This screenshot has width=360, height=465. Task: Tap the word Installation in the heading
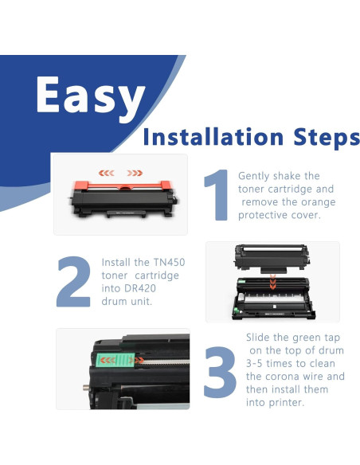point(213,137)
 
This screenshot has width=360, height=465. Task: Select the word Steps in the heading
point(327,139)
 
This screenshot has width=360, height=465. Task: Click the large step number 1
point(217,195)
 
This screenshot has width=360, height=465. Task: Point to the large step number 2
point(73,281)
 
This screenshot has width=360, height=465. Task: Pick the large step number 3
point(220,372)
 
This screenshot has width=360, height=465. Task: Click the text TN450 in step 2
point(169,262)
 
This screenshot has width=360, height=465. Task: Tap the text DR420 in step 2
point(140,288)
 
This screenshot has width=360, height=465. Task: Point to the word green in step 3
point(307,338)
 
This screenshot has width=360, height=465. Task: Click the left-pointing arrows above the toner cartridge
point(107,173)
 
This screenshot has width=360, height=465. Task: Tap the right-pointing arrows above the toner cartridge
point(135,173)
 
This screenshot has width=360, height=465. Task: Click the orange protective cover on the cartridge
point(123,186)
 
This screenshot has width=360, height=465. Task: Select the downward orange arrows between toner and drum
point(273,282)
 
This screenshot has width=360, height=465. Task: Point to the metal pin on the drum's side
point(86,387)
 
